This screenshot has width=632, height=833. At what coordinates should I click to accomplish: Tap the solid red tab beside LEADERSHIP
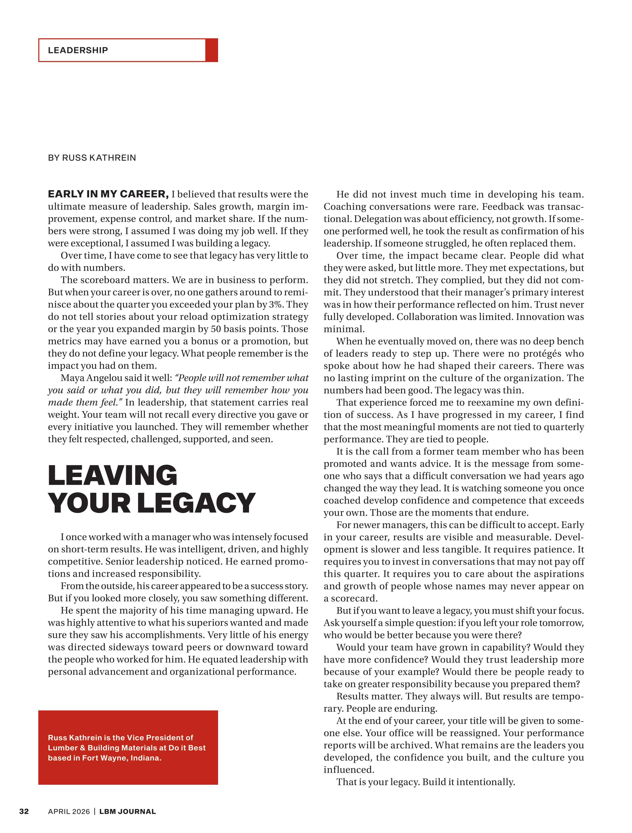coord(212,50)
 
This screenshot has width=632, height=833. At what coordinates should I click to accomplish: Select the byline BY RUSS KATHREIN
coord(92,158)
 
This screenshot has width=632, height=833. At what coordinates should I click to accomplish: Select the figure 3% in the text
coord(277,305)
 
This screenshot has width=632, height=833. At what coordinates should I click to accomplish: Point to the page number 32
coord(24,812)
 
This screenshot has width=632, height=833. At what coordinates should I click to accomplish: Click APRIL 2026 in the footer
coord(69,812)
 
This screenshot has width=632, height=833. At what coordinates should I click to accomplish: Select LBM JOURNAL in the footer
coord(128,812)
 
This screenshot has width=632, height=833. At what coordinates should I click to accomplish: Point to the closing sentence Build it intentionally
coord(469,782)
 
